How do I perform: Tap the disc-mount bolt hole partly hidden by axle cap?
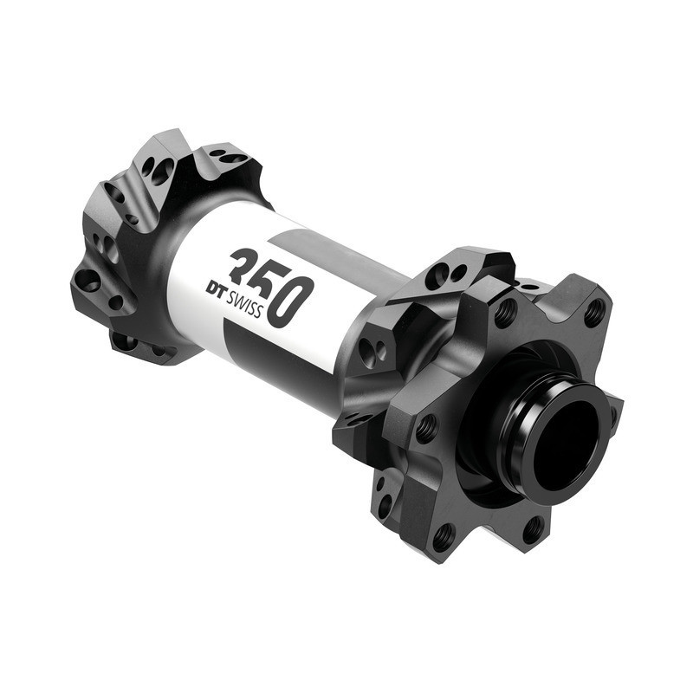point(608,407)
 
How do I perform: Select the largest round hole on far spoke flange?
point(88,279)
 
